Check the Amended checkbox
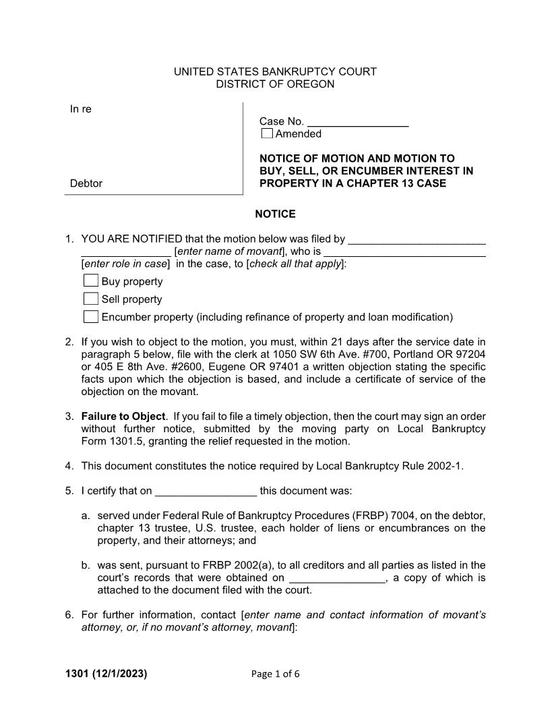267,133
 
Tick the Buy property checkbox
91,281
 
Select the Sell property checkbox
91,299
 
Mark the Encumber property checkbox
91,317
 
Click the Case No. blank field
358,121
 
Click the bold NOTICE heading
275,214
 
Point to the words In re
81,109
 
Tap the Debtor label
86,183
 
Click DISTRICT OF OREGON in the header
275,84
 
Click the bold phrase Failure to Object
123,417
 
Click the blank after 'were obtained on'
337,578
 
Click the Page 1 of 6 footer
275,674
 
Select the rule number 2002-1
445,466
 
